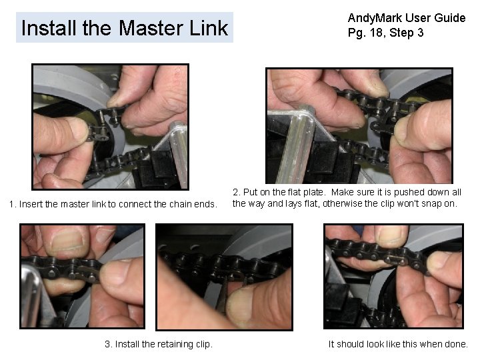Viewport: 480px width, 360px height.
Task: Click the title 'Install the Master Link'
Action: (125, 28)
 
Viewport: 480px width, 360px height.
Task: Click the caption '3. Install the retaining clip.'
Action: (159, 344)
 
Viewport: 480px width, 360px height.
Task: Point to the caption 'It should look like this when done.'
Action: (398, 344)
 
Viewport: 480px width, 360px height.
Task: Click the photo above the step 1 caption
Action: (111, 127)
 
